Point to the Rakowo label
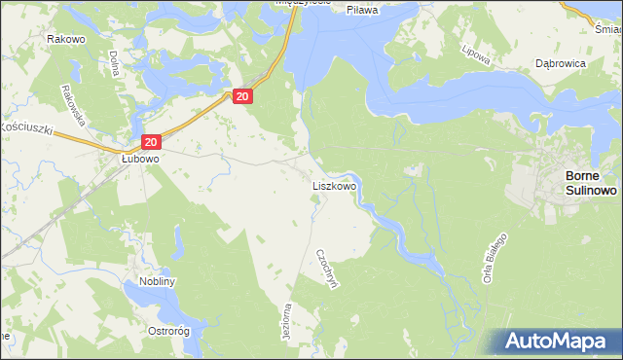[63, 39]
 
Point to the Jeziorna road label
[286, 319]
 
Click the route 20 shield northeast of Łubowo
[242, 95]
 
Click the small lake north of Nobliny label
[178, 239]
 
